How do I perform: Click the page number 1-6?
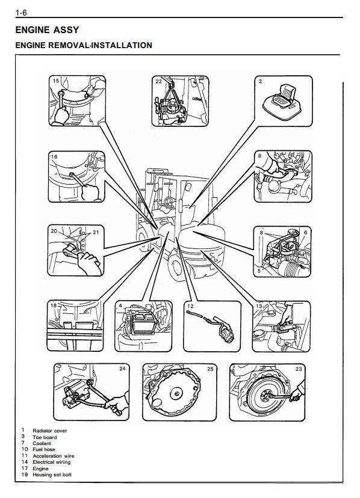point(21,13)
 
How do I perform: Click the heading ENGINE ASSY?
point(47,30)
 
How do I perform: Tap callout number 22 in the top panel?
point(158,81)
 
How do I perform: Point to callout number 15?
point(55,81)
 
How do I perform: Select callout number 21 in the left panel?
point(96,232)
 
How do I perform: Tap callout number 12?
point(190,306)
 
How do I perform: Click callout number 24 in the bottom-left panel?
point(122,369)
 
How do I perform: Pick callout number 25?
point(210,369)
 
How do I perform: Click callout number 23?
point(299,369)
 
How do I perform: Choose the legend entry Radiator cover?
point(50,431)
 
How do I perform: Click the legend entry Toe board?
point(45,437)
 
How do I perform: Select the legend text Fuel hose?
point(44,449)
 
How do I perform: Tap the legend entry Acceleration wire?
point(54,456)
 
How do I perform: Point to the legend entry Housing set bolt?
point(52,475)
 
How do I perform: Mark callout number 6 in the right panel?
point(305,233)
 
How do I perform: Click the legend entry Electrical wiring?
point(52,462)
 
